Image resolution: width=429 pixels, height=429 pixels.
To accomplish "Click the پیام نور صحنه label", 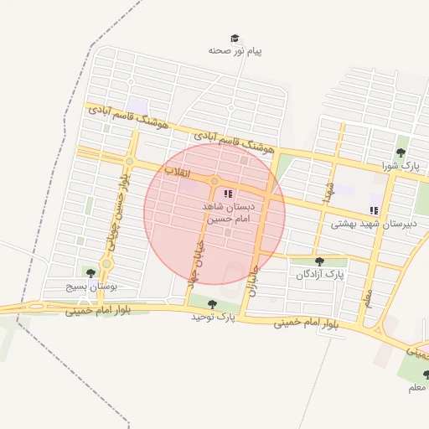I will (235, 51).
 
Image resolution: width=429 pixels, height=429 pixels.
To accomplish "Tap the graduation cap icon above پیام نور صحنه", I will (235, 38).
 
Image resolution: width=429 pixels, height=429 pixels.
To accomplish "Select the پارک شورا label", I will (400, 166).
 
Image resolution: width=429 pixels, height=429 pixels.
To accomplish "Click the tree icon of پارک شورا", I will (401, 152).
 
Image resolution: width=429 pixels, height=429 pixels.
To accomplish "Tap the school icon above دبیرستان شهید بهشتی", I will (373, 210).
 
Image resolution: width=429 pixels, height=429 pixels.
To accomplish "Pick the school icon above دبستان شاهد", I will (228, 194).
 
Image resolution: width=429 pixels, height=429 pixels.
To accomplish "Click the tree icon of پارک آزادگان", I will (318, 262).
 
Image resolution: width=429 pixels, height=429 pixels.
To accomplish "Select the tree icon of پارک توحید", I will (211, 304).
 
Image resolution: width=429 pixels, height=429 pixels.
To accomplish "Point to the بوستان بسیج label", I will (92, 286).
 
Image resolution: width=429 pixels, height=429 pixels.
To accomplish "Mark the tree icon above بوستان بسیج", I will (90, 272).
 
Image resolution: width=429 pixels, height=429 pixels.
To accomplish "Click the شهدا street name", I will (330, 189).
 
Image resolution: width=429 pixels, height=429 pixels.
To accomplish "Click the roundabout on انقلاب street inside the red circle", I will (214, 181).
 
